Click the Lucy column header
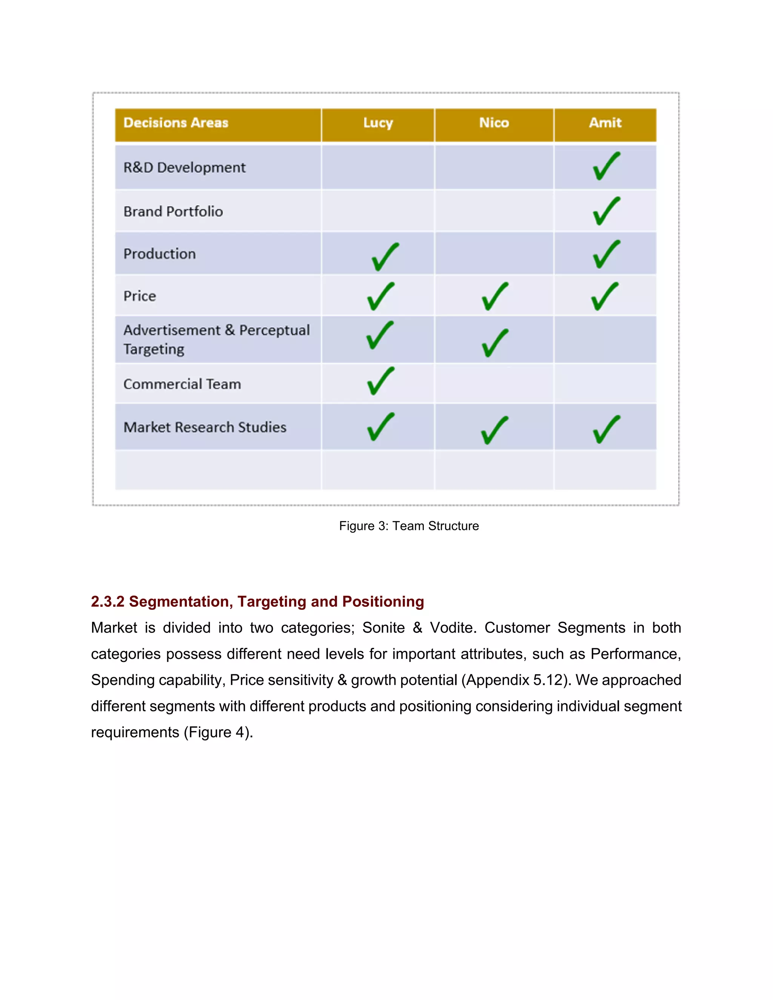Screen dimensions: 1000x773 coord(378,123)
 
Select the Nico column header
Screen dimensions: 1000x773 coord(494,123)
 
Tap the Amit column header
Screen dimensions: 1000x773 coord(605,123)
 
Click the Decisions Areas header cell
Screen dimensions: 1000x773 coord(176,123)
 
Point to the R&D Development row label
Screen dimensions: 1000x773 coord(185,168)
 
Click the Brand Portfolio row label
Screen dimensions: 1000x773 coord(173,212)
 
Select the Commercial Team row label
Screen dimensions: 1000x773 coord(182,384)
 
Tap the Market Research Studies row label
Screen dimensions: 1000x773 coord(205,427)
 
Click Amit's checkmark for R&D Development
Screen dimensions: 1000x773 coord(606,166)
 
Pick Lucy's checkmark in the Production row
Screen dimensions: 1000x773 coord(385,257)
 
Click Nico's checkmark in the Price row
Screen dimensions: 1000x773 coord(494,297)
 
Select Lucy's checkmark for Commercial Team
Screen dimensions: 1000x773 coord(380,381)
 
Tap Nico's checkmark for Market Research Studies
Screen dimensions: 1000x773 coord(494,431)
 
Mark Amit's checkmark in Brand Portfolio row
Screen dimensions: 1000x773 coord(606,211)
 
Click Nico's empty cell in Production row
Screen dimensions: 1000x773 coord(494,254)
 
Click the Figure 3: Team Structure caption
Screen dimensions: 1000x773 coord(408,526)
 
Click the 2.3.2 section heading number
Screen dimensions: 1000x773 coord(108,602)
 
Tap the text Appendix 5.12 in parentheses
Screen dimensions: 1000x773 coord(515,680)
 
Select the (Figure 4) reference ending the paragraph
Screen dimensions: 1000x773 coord(217,732)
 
